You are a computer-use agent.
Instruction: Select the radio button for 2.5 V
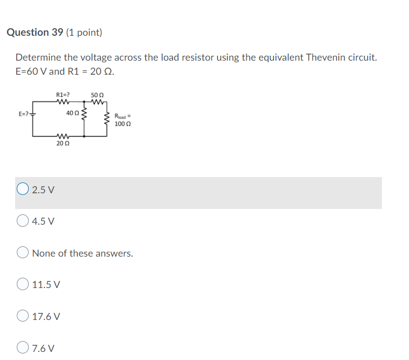point(23,189)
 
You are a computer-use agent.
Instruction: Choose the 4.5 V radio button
point(23,221)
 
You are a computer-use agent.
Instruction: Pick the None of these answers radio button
point(23,253)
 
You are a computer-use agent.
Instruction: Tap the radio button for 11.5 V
point(23,284)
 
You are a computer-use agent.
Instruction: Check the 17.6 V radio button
point(23,316)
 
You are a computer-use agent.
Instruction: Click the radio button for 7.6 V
point(23,348)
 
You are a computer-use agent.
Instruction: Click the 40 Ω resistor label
point(72,113)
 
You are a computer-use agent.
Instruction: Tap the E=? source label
point(24,115)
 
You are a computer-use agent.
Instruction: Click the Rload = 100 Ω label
point(122,120)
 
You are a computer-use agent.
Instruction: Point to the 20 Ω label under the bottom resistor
point(62,143)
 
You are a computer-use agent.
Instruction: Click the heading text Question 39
point(35,32)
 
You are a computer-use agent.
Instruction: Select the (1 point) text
point(84,32)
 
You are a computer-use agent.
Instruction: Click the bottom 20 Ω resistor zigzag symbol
point(62,135)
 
